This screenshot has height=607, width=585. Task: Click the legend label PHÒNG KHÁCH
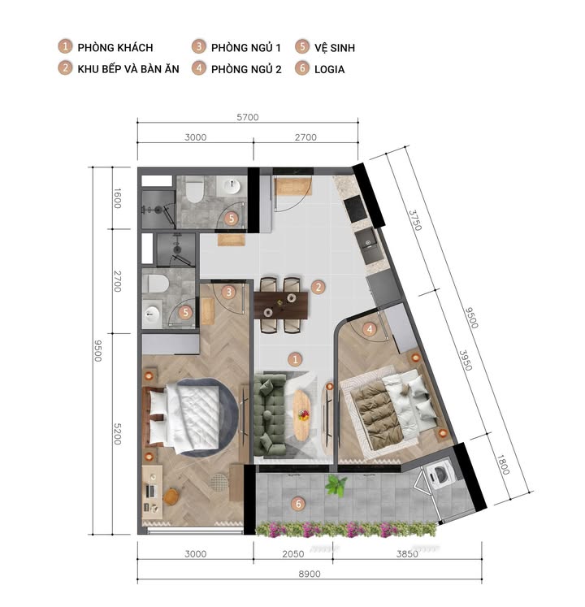point(115,48)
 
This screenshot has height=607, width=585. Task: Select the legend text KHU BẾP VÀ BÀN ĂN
point(128,69)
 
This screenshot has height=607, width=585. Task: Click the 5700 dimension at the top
point(247,117)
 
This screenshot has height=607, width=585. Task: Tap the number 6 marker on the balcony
point(298,504)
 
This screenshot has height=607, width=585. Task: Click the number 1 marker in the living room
point(296,358)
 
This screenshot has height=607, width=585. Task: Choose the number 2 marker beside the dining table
point(319,287)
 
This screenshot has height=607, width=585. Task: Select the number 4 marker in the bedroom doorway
point(370,329)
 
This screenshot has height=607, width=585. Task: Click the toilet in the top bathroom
point(194,191)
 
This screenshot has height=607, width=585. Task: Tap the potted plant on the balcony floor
point(334,487)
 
